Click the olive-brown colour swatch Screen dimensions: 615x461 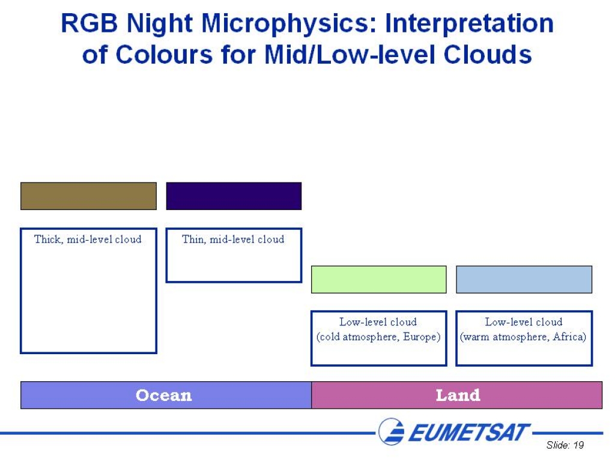point(89,196)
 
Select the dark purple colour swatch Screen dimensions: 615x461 point(234,196)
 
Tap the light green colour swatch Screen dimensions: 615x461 point(379,280)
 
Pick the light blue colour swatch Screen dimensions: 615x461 point(524,280)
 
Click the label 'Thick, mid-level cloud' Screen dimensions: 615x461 point(88,239)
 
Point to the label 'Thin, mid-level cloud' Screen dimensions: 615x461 point(234,239)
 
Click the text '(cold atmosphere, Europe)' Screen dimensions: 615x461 point(378,337)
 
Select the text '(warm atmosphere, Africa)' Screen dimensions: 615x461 point(523,337)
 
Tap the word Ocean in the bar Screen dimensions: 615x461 point(164,395)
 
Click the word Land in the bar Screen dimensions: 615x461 point(458,395)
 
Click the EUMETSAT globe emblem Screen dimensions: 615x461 point(391,432)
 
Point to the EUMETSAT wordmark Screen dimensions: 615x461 point(469,432)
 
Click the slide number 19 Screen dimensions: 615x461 point(578,445)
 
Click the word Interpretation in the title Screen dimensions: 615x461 point(470,23)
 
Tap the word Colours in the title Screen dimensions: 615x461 point(165,55)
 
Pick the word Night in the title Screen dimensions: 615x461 point(160,23)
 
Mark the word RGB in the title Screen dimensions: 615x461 point(89,23)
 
